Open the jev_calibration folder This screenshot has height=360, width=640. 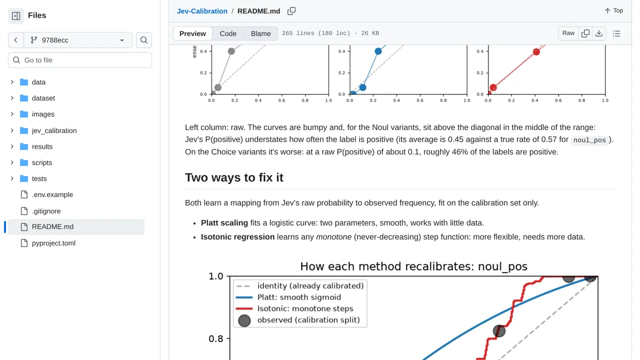(54, 130)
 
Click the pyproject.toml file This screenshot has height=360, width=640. (53, 243)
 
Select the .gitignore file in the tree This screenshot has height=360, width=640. (46, 211)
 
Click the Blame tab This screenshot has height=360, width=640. (260, 33)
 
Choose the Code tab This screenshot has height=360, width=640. (228, 33)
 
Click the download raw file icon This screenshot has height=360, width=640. (599, 33)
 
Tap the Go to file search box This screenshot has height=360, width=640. (80, 60)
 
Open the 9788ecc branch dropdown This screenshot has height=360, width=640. (77, 40)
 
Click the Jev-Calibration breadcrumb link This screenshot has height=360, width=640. (202, 11)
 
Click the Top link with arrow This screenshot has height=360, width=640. (613, 11)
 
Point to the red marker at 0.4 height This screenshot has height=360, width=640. (536, 51)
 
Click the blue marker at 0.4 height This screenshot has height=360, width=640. (378, 51)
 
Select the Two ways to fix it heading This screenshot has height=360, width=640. (234, 177)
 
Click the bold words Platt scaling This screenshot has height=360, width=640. (224, 223)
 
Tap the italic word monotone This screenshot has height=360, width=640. (333, 237)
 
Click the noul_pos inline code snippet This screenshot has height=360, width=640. (589, 140)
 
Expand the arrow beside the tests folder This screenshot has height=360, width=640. (12, 178)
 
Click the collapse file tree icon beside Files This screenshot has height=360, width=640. (16, 15)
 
